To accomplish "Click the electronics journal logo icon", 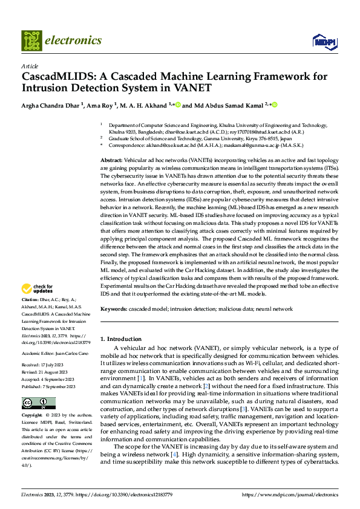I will [x=31, y=41].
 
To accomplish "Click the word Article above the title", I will [x=30, y=66].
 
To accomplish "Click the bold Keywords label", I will [x=114, y=309].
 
